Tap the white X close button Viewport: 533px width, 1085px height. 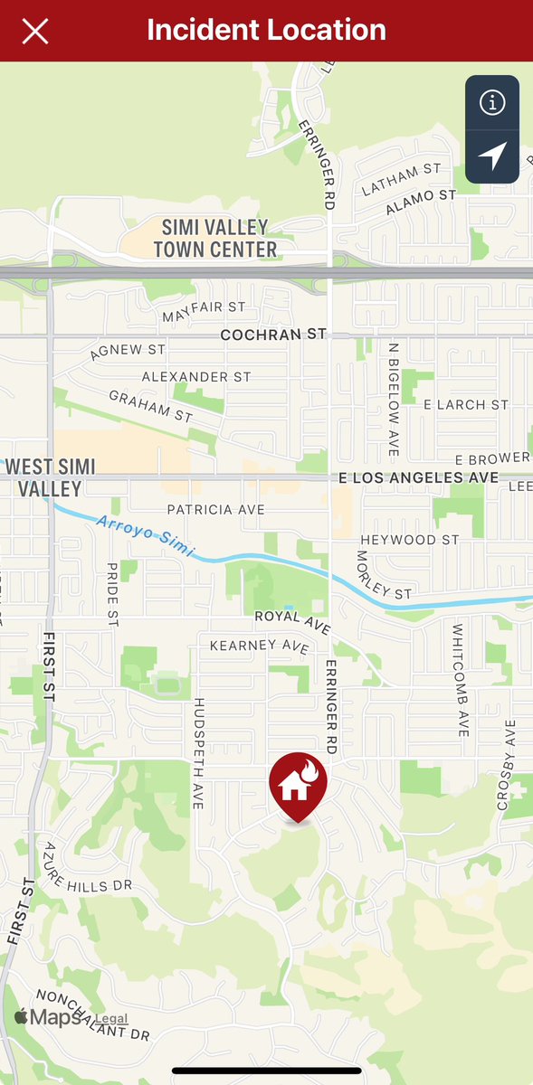point(35,31)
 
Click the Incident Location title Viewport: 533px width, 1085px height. point(266,30)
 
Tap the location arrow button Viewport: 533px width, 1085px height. point(492,156)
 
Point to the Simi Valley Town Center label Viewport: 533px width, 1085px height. point(214,238)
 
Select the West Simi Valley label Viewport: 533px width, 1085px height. point(51,477)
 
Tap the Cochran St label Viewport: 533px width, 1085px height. point(273,335)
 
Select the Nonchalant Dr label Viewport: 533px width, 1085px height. point(90,1015)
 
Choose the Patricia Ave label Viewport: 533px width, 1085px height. point(215,510)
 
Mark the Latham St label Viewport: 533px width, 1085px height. point(401,178)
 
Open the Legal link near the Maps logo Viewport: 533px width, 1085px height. point(111,1019)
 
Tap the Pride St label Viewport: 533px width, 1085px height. point(113,594)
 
